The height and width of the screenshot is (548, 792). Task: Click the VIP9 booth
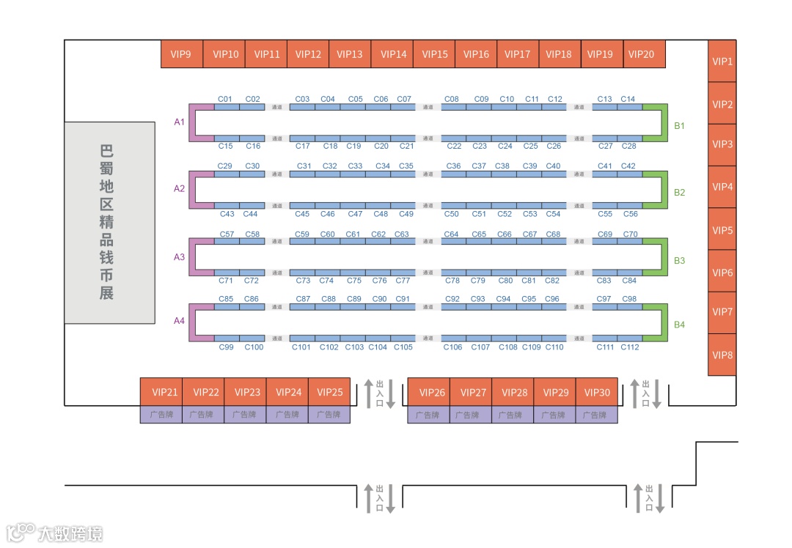[x=181, y=54]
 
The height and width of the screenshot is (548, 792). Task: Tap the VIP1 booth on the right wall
[x=722, y=62]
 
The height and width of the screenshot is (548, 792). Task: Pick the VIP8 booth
[x=722, y=355]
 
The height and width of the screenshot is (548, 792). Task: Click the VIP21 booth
[x=161, y=392]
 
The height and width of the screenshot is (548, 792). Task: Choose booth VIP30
[x=597, y=392]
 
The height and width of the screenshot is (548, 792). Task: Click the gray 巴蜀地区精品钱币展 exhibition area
[x=109, y=223]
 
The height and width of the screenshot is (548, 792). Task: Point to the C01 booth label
[x=225, y=99]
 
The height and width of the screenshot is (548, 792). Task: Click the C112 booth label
[x=630, y=347]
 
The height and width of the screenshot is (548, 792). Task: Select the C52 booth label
[x=505, y=214]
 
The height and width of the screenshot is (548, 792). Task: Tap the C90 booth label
[x=379, y=299]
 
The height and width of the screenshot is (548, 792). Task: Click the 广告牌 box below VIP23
[x=245, y=415]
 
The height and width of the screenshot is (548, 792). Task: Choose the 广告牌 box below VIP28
[x=513, y=415]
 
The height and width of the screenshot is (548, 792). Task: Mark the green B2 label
[x=680, y=193]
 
